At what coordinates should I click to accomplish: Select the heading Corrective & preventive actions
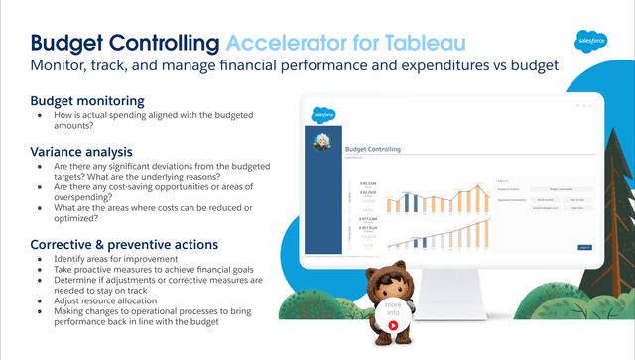(124, 244)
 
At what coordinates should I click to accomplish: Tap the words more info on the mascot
(394, 304)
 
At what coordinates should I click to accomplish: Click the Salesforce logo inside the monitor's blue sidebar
(323, 114)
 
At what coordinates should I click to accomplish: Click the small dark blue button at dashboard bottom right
(584, 246)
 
